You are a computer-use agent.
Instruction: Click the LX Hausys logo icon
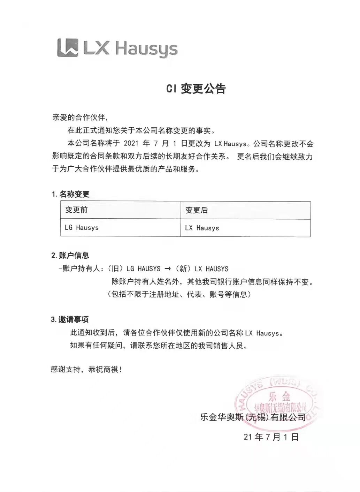[x=68, y=47]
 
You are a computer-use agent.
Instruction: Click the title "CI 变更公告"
[x=196, y=89]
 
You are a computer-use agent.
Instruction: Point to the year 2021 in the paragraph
[x=131, y=143]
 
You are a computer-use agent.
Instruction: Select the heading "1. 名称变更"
[x=70, y=194]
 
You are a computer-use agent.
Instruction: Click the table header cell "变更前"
[x=76, y=210]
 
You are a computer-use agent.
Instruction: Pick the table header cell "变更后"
[x=197, y=210]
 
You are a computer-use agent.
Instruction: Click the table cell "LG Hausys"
[x=82, y=228]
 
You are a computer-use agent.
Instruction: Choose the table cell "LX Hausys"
[x=202, y=228]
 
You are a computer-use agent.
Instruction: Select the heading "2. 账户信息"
[x=70, y=256]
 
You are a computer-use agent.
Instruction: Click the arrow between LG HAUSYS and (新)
[x=167, y=269]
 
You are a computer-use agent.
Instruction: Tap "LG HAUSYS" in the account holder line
[x=143, y=269]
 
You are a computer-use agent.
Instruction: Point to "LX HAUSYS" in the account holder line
[x=212, y=269]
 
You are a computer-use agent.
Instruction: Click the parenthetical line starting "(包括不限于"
[x=179, y=294]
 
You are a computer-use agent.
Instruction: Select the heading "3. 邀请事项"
[x=70, y=319]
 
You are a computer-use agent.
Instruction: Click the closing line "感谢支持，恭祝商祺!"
[x=86, y=369]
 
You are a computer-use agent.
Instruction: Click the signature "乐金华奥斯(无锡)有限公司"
[x=253, y=417]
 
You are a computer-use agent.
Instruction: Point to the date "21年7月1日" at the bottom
[x=271, y=437]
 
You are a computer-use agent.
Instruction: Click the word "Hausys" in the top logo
[x=146, y=49]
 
